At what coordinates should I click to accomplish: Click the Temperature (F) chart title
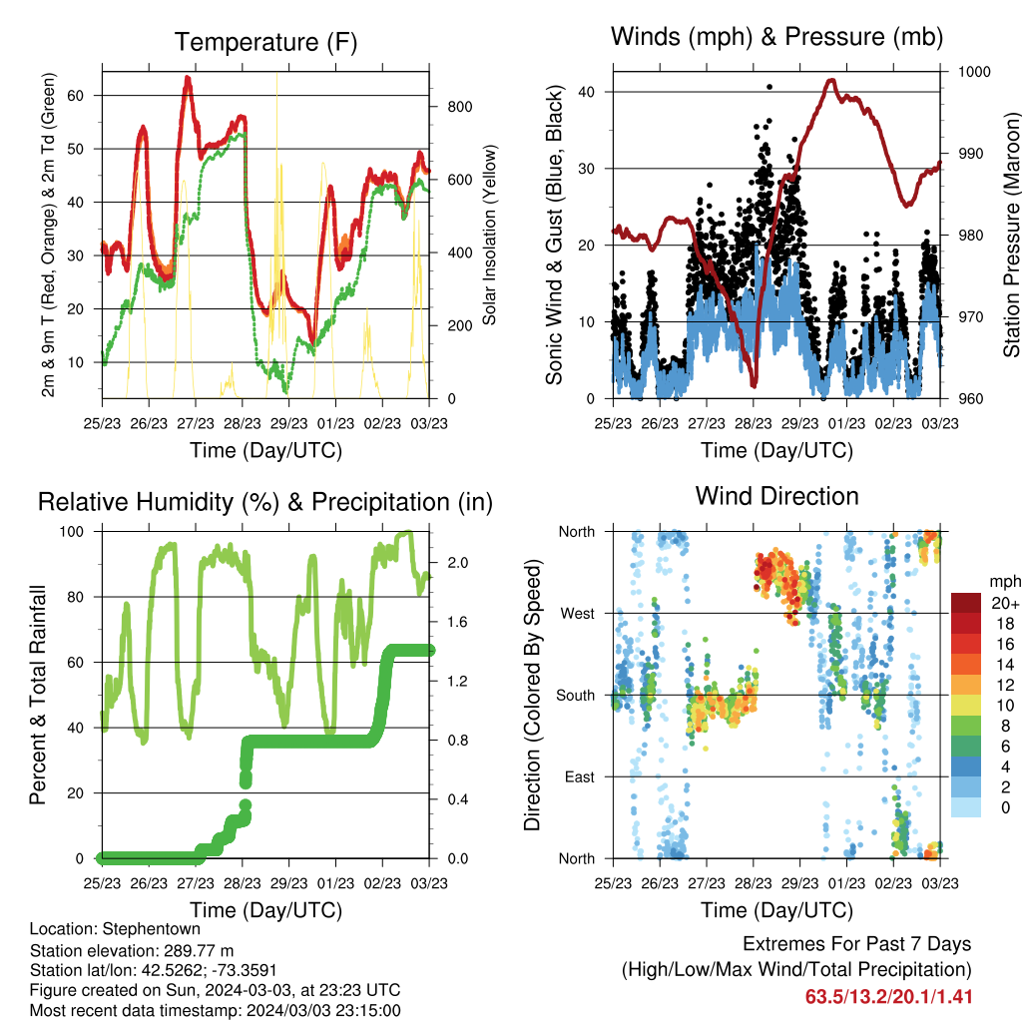click(265, 42)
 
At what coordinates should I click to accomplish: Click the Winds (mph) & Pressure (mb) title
click(776, 37)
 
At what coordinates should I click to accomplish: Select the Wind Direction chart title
click(776, 496)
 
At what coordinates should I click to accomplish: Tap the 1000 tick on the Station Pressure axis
click(974, 72)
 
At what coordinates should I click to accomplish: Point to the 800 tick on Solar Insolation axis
click(459, 107)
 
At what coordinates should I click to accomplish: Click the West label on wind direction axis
click(578, 614)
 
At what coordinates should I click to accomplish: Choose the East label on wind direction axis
click(580, 776)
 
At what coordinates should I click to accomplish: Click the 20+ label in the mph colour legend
click(1005, 603)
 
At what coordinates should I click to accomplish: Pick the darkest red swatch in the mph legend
click(966, 603)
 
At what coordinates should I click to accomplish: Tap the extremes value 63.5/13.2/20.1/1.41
click(889, 997)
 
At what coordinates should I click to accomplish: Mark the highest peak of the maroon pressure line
click(831, 80)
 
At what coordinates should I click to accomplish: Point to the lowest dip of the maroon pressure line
click(755, 385)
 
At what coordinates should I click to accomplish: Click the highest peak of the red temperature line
click(188, 78)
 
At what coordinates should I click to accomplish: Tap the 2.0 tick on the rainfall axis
click(458, 563)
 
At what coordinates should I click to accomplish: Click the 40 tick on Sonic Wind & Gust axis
click(587, 92)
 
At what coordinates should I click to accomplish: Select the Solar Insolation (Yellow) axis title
click(489, 236)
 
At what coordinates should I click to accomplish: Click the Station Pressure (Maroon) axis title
click(1011, 236)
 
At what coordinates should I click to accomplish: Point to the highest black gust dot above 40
click(769, 87)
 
